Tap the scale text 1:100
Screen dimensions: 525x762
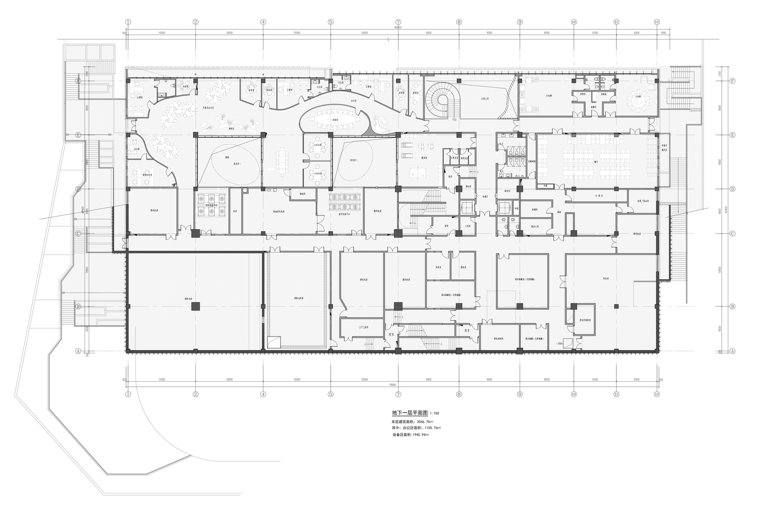[434, 414]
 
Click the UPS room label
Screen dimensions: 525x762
[363, 327]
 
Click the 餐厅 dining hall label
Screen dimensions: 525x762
[597, 163]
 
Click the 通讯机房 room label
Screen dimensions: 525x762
[405, 280]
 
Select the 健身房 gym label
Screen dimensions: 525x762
[423, 156]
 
